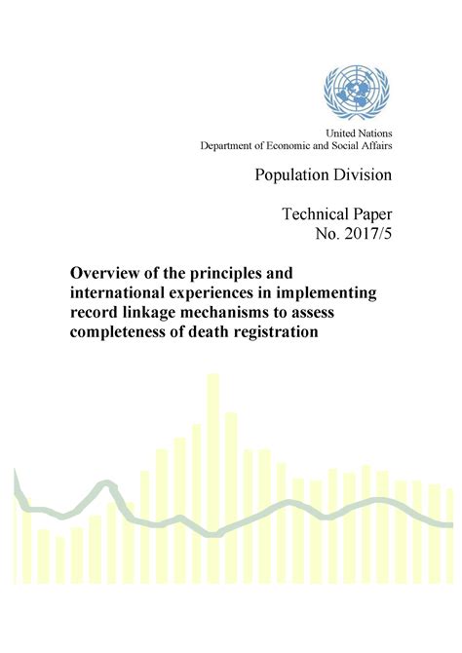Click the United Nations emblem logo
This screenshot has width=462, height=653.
point(355,93)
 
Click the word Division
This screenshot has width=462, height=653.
point(366,175)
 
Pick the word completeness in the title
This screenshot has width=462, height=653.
point(124,332)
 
